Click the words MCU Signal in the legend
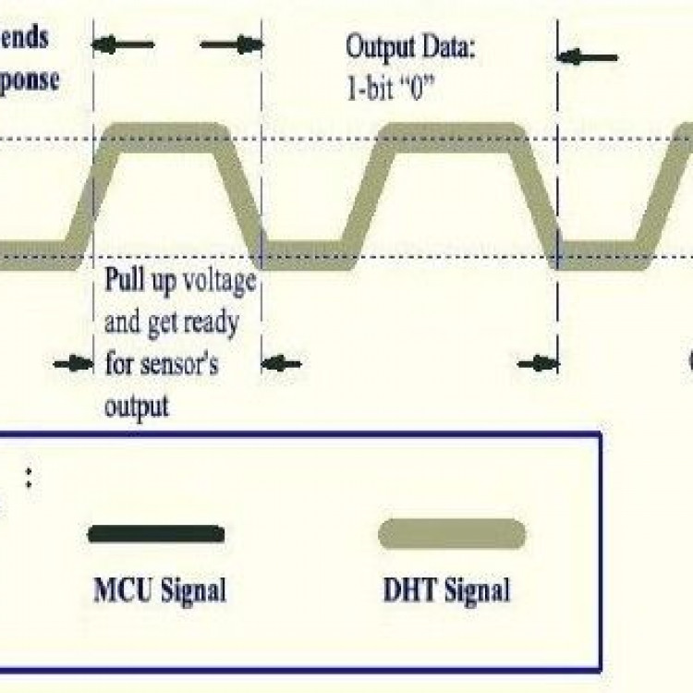point(160,589)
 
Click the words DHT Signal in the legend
point(446,589)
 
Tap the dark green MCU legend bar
point(156,534)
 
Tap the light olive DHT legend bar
point(453,534)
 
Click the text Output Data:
point(409,46)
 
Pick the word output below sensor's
point(137,405)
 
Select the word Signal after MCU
point(194,589)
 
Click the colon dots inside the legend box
point(29,478)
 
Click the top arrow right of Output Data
point(589,57)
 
